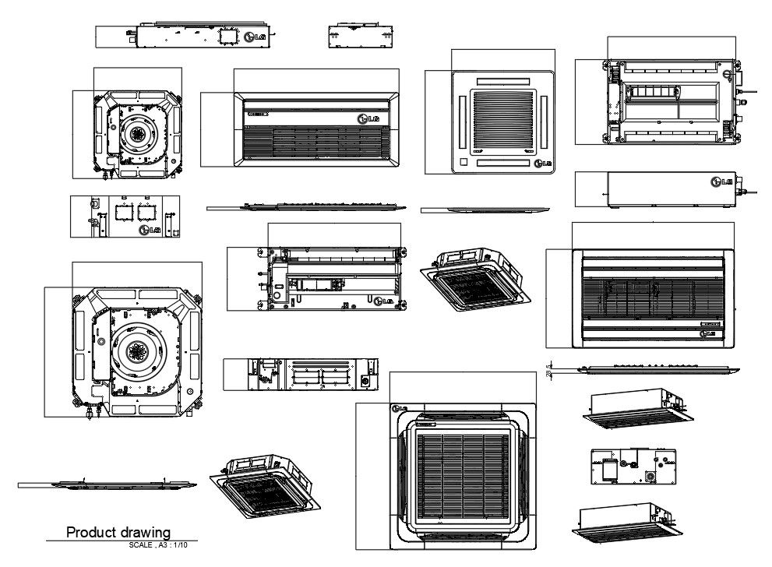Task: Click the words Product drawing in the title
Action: [118, 533]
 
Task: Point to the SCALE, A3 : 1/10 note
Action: [159, 545]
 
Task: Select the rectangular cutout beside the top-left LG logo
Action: [227, 36]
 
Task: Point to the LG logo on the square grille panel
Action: [543, 163]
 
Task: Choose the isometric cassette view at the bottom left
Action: [264, 485]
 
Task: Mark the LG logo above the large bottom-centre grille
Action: [399, 407]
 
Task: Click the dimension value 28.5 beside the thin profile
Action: [550, 370]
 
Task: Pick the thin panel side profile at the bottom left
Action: [107, 484]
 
